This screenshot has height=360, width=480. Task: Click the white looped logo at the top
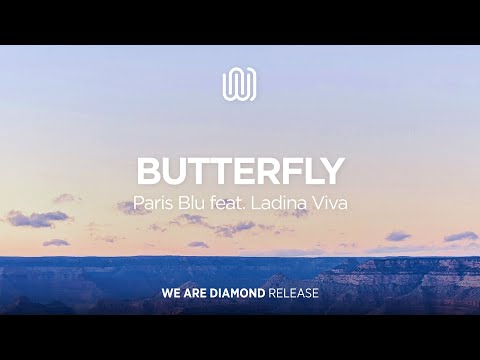pos(239,83)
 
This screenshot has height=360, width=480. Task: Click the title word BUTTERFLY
pos(240,171)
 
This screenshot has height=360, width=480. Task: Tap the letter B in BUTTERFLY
pos(148,171)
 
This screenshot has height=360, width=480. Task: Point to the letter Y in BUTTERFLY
pos(332,171)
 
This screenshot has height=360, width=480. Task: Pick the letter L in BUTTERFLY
pos(309,171)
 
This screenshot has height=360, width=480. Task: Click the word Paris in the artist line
pos(151,205)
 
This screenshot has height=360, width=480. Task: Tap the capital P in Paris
pos(138,205)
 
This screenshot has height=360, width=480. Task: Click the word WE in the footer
pos(170,294)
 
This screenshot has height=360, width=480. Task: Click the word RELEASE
pos(297,294)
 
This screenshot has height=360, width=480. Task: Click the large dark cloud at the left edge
pos(38,218)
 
